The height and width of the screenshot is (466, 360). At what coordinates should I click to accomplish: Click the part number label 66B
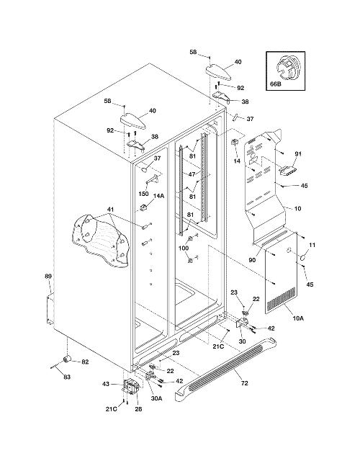pyautogui.click(x=275, y=84)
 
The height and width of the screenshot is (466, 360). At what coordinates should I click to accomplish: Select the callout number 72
pyautogui.click(x=244, y=383)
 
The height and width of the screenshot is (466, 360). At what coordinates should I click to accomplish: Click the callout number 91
pyautogui.click(x=298, y=154)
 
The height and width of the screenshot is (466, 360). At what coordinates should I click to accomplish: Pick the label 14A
pyautogui.click(x=158, y=196)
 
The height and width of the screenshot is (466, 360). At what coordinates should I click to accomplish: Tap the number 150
pyautogui.click(x=143, y=194)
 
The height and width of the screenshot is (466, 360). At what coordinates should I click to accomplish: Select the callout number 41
pyautogui.click(x=111, y=209)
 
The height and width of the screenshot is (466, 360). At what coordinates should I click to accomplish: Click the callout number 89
pyautogui.click(x=48, y=277)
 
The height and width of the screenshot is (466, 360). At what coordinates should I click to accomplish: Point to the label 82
pyautogui.click(x=85, y=362)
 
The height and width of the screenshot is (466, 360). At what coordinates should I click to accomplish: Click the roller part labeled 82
pyautogui.click(x=68, y=359)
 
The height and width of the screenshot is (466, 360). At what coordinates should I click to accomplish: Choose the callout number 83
pyautogui.click(x=67, y=377)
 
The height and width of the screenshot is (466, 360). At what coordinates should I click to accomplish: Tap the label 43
pyautogui.click(x=105, y=384)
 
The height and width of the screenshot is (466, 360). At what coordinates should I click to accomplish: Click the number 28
pyautogui.click(x=138, y=409)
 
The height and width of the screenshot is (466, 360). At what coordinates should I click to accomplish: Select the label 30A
pyautogui.click(x=156, y=398)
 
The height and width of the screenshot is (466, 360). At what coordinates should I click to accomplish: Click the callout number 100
pyautogui.click(x=184, y=248)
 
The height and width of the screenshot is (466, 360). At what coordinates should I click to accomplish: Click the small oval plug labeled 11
pyautogui.click(x=302, y=258)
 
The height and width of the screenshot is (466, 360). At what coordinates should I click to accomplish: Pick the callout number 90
pyautogui.click(x=252, y=260)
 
